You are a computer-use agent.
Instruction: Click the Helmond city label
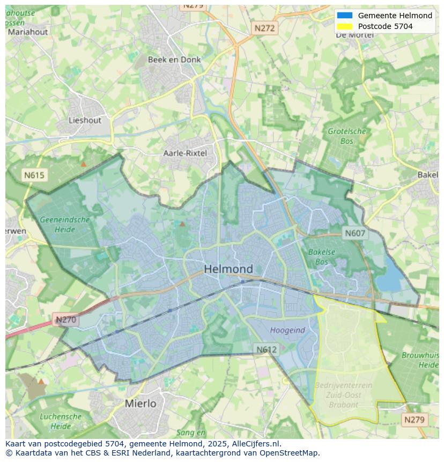point(228,269)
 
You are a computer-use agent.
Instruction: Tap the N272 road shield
point(264,28)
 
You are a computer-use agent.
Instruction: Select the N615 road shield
point(34,175)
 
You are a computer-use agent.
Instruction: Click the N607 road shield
point(355,233)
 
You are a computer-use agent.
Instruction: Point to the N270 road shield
point(66,320)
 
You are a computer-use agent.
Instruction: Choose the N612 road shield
point(266,349)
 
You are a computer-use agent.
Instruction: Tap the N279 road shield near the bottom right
point(414,420)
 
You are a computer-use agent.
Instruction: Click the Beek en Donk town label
point(174,60)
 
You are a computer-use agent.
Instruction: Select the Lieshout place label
point(85,120)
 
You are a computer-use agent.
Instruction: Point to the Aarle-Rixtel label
point(185,153)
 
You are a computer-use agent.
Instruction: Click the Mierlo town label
point(140,403)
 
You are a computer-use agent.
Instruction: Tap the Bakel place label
point(428,174)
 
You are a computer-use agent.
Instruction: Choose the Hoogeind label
point(287,330)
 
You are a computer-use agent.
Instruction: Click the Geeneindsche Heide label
point(64,224)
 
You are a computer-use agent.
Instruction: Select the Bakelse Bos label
point(322,256)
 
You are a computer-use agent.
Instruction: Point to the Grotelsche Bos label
point(347,136)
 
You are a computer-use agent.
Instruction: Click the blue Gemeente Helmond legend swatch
point(345,16)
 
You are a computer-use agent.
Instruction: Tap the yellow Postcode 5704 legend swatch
point(345,26)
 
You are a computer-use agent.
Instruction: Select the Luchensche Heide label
point(61,421)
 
